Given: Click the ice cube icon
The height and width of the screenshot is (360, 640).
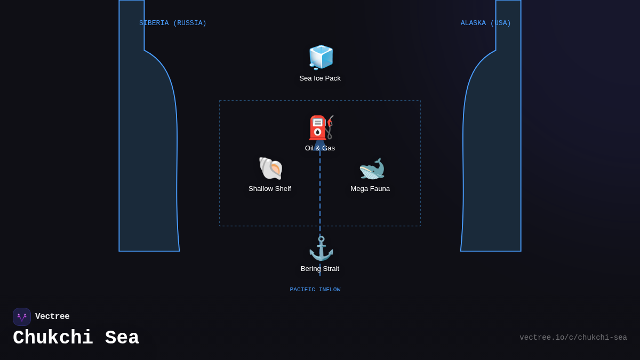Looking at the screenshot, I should pos(321,57).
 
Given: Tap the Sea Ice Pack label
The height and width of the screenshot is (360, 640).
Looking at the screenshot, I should pos(320,78).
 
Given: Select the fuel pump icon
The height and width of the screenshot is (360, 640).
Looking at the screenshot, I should pos(321,128).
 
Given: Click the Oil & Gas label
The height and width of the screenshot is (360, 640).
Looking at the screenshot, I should pos(320,148).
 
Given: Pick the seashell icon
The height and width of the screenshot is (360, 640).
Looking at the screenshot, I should pos(270,169).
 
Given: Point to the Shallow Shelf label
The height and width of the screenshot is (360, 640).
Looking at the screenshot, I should pos(270,189).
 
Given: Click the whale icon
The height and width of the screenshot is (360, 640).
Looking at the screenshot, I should pos(371,169).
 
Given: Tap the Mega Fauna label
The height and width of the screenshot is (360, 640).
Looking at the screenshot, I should pos(370,189).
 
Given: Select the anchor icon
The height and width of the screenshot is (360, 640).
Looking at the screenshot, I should pos(321,249).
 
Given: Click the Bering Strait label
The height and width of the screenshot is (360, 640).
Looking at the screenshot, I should pos(320,269).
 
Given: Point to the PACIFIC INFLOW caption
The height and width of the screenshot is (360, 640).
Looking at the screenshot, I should pos(315,290).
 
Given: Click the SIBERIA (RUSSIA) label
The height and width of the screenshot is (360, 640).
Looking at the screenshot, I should pos(173,23).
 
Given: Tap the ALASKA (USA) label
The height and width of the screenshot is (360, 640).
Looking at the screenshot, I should pos(486,23).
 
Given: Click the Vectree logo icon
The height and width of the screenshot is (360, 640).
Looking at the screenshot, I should pos(22,317).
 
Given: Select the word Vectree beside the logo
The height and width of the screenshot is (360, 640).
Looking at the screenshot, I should pos(52,317).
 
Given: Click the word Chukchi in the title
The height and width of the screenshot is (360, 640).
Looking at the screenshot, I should pos(53,338).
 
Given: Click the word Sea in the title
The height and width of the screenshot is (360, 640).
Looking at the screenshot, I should pos(122,338).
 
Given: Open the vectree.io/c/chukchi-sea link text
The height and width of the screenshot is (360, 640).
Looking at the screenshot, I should pos(573,338).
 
